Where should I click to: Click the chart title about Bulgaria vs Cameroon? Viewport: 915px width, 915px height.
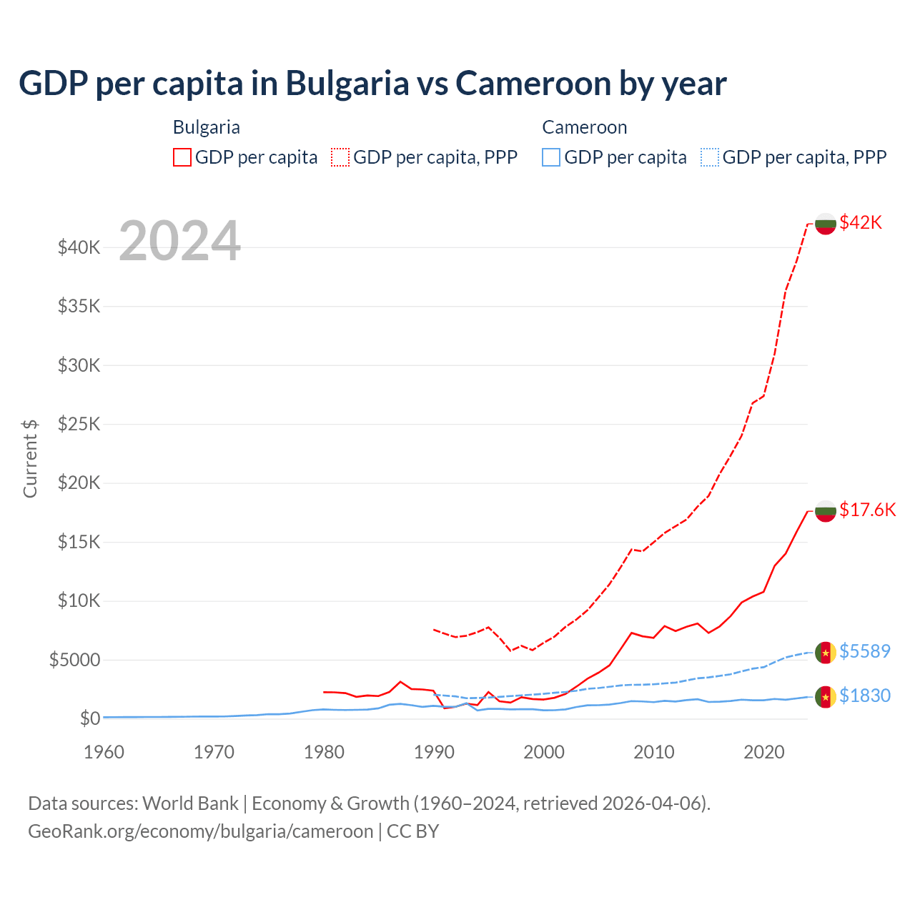pos(372,83)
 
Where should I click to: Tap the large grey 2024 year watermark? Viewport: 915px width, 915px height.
pos(179,241)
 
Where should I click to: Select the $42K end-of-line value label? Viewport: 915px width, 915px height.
pos(861,222)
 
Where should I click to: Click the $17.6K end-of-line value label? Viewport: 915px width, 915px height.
pos(867,510)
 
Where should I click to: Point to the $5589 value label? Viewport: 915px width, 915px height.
pos(864,651)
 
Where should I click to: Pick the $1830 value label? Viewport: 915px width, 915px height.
pos(864,696)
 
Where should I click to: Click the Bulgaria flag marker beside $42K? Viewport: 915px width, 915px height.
pos(826,224)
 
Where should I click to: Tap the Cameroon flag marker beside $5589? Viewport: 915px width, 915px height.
pos(826,653)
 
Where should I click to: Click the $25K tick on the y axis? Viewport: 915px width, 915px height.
pos(79,424)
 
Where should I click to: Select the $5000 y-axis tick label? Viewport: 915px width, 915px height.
pos(75,659)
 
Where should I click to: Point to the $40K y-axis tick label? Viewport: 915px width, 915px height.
pos(79,247)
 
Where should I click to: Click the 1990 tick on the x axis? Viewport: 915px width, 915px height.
pos(434,752)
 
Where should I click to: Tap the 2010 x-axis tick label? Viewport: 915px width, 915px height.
pos(654,752)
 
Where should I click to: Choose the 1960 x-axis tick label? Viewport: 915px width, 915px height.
pos(104,752)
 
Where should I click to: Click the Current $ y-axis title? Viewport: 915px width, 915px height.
pos(30,458)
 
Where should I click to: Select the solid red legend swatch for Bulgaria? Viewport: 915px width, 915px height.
pos(182,157)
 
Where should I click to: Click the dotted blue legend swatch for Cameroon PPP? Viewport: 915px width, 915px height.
pos(710,157)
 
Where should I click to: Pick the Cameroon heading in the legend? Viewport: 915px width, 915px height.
pos(584,127)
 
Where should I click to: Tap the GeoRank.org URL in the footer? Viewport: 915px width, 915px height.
pos(201,831)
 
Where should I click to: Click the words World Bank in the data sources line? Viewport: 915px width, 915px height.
pos(191,803)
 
